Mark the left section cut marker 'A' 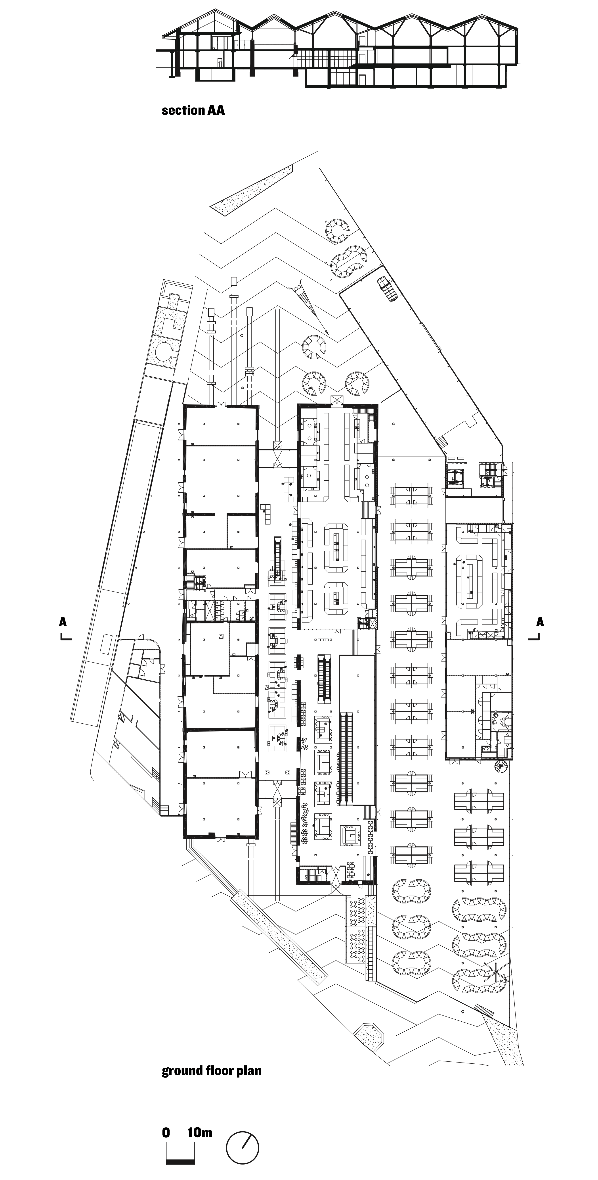63,622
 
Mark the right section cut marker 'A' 540,622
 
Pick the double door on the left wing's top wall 222,404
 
